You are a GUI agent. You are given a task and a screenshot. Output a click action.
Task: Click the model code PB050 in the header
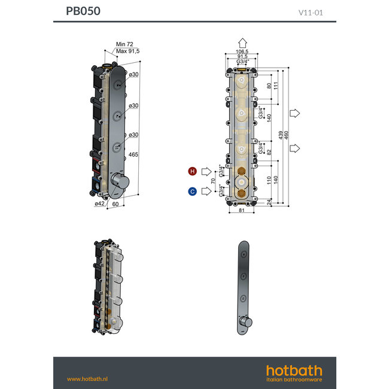tap(83, 11)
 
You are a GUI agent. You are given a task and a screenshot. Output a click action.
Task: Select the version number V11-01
tap(311, 12)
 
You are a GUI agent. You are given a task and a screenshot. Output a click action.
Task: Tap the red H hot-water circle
tap(192, 172)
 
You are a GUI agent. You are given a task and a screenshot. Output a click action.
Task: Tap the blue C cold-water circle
tap(192, 192)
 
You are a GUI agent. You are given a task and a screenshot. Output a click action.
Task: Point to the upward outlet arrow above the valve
tap(242, 42)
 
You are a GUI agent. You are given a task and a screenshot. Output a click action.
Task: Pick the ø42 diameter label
tap(99, 203)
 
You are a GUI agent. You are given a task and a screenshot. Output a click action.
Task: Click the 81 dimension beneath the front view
tap(241, 210)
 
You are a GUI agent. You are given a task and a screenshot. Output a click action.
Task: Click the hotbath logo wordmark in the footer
tap(294, 370)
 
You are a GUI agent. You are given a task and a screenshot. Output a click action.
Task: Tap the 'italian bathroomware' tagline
tap(294, 379)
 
